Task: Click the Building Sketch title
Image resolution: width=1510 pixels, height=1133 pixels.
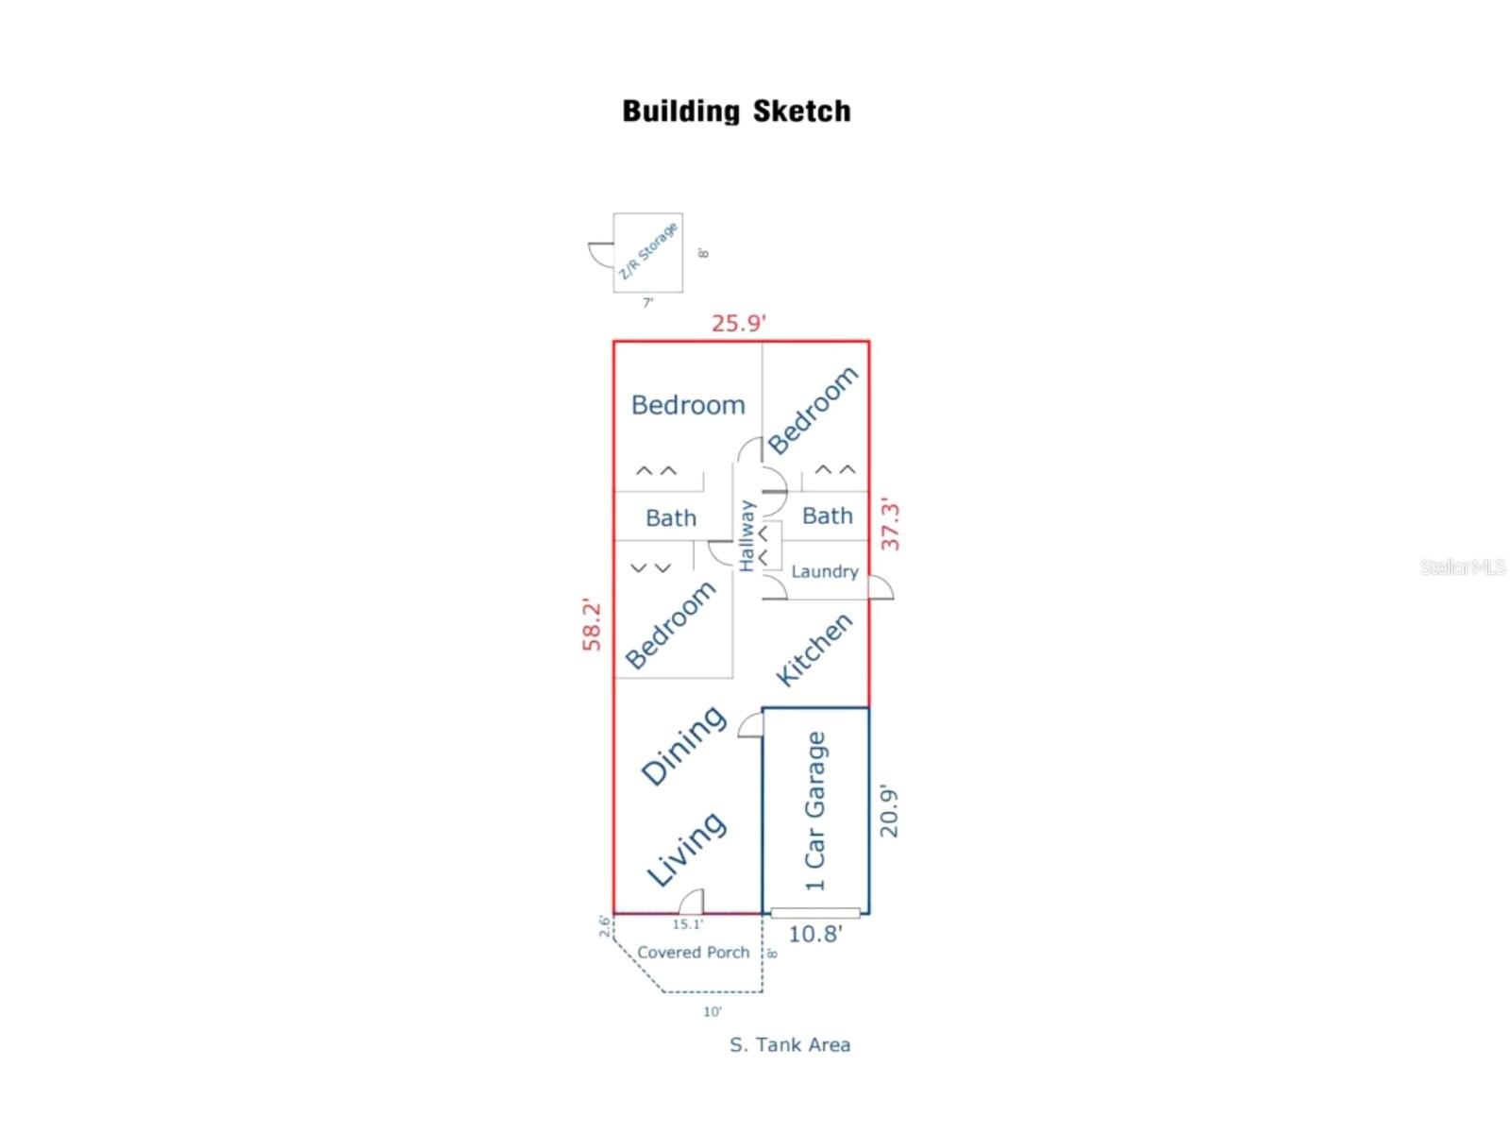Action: [x=736, y=111]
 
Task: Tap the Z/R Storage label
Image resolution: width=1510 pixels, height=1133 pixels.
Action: [x=648, y=251]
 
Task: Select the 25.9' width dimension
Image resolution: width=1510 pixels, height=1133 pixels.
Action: [x=738, y=324]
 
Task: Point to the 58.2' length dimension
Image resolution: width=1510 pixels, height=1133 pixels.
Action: [x=592, y=624]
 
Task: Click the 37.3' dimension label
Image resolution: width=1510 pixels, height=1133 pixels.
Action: [x=890, y=525]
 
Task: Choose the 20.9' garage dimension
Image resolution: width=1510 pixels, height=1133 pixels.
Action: [x=889, y=811]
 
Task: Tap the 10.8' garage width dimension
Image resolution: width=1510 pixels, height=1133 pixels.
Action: [x=814, y=935]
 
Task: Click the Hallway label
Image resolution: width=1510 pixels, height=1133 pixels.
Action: [x=747, y=535]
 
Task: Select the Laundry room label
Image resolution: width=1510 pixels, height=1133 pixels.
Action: [x=824, y=571]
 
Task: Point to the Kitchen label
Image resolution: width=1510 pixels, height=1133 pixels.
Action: [x=814, y=649]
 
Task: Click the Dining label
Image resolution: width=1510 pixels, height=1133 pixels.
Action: [x=683, y=745]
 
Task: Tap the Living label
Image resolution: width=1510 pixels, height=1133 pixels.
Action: [x=686, y=849]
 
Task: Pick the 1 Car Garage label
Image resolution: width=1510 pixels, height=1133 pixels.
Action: [x=814, y=811]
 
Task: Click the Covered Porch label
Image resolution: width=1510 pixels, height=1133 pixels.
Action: [x=693, y=953]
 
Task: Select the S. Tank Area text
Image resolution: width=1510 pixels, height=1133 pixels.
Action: [x=790, y=1045]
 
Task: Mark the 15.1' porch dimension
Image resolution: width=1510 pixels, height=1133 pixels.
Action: [x=687, y=924]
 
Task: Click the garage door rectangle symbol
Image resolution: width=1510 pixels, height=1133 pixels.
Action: [x=815, y=913]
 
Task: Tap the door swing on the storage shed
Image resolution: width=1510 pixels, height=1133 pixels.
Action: [x=600, y=255]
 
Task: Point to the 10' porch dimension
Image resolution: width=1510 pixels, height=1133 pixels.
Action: [x=712, y=1012]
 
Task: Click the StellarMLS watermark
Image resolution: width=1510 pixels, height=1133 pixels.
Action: [x=1462, y=566]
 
